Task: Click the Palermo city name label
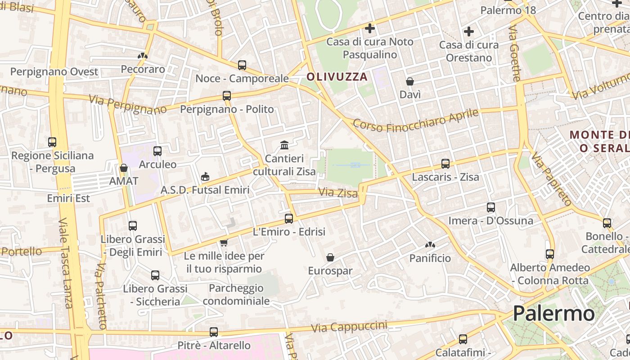(553, 313)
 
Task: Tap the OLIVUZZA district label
(337, 77)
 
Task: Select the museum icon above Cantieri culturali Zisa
(284, 145)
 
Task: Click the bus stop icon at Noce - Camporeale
(242, 65)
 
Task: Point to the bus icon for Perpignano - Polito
(227, 96)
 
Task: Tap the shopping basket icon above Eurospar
(330, 257)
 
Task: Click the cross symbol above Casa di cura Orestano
(469, 31)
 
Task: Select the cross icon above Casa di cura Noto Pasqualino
(370, 28)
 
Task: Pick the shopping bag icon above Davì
(410, 81)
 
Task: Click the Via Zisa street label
(338, 193)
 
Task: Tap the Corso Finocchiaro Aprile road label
(415, 120)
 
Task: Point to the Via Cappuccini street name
(349, 327)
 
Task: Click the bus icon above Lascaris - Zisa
(445, 164)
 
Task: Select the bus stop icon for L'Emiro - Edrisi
(289, 219)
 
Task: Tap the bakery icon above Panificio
(430, 245)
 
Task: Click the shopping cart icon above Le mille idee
(224, 243)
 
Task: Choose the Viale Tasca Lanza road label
(66, 263)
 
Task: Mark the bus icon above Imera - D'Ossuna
(491, 207)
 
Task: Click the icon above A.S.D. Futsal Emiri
(205, 176)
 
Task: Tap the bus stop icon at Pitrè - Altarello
(214, 332)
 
